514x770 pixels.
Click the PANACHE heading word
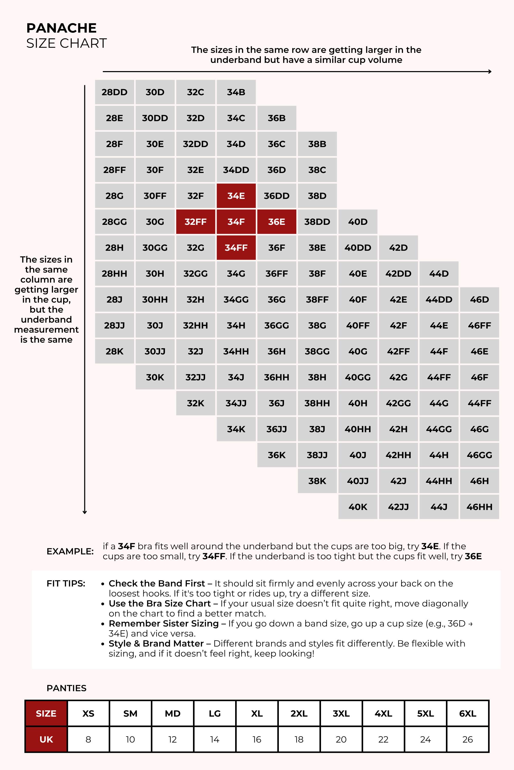point(61,28)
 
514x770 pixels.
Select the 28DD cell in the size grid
point(114,92)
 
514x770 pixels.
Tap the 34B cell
point(236,92)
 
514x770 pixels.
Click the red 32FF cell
point(195,222)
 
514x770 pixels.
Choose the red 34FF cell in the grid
point(236,247)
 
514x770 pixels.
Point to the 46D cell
point(479,300)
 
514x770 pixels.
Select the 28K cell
point(114,351)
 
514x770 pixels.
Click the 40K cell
point(358,507)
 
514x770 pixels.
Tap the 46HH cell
point(479,507)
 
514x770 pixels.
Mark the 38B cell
point(317,144)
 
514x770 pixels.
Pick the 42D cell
point(398,247)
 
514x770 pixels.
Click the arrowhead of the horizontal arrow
point(490,71)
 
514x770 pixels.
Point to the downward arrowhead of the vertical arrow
point(85,512)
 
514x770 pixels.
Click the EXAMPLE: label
point(70,551)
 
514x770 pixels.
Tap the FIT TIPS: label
point(66,583)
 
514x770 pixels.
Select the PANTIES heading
point(67,688)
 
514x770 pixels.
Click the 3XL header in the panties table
point(341,713)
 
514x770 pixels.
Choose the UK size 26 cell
point(467,739)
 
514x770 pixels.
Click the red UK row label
point(46,739)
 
